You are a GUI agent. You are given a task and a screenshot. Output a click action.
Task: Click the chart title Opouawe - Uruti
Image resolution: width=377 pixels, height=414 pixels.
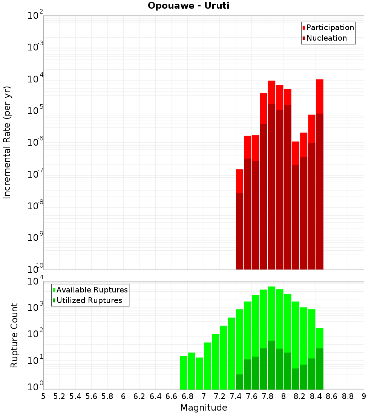pos(188,6)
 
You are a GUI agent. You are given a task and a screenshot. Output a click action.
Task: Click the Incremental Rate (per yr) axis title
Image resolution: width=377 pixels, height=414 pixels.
pos(7,142)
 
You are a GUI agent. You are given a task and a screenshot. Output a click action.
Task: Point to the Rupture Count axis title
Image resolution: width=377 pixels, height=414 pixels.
pos(14,335)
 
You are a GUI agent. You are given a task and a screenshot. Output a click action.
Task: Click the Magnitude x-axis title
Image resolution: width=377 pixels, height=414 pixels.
pos(204,408)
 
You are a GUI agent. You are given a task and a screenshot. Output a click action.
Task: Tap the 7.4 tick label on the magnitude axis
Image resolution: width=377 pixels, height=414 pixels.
pos(236,396)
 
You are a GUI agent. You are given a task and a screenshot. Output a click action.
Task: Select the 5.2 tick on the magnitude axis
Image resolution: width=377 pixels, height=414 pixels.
pos(59,396)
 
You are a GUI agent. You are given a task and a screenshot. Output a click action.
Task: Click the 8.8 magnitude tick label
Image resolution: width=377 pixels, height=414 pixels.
pos(348,396)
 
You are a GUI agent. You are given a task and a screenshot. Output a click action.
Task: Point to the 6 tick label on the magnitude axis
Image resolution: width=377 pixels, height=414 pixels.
pos(123,396)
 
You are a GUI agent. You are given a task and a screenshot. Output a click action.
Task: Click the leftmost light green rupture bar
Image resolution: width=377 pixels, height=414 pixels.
pos(184,373)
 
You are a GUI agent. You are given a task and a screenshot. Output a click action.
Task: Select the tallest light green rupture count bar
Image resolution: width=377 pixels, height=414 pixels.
pos(272,316)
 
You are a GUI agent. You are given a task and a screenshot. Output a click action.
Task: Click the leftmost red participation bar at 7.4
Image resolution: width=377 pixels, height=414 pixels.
pos(239,181)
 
